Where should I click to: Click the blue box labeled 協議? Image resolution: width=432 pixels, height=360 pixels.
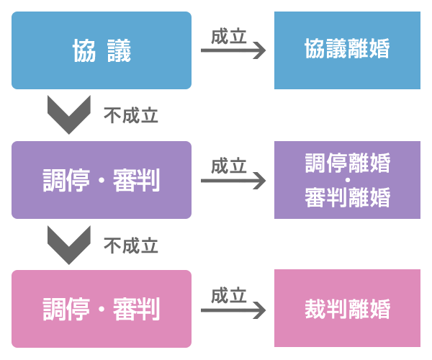101,50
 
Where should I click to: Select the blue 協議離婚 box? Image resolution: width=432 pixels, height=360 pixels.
347,50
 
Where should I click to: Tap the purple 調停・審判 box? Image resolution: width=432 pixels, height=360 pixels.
101,179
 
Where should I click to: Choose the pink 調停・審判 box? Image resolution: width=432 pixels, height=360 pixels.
101,309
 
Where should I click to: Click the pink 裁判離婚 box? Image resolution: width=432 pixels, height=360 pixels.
347,309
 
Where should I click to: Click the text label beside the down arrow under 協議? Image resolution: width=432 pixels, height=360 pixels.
131,115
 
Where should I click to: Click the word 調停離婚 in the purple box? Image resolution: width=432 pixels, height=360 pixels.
347,163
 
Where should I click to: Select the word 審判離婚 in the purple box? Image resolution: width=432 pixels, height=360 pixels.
347,197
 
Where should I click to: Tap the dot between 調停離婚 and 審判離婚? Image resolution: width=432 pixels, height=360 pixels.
347,179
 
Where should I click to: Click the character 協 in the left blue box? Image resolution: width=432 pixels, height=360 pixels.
81,50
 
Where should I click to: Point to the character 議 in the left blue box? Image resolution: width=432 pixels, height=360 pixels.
120,50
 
